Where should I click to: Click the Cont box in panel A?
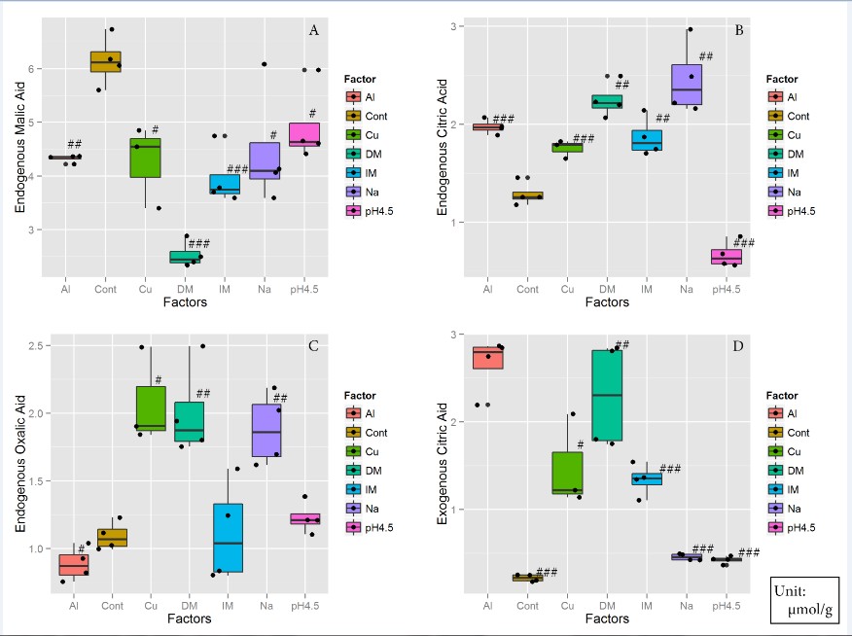[105, 61]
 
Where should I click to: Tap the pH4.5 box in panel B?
[726, 256]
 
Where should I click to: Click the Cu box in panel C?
[151, 407]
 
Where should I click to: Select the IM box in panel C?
[228, 537]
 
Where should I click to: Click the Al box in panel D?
[487, 358]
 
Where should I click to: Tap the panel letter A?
[313, 31]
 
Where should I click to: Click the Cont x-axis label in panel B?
[527, 289]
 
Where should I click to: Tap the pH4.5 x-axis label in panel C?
[304, 606]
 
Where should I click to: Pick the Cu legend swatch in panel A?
[358, 134]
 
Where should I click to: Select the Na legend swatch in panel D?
[774, 508]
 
